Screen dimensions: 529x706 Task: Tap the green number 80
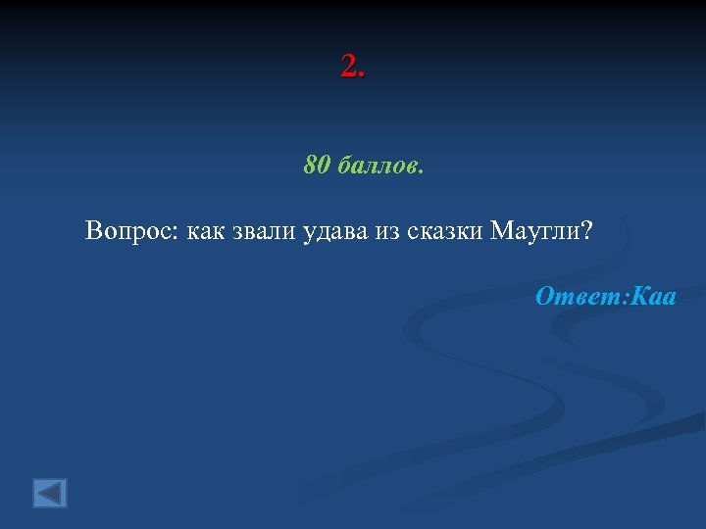point(318,165)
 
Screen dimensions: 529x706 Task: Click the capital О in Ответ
point(545,296)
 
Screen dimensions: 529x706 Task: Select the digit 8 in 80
point(311,165)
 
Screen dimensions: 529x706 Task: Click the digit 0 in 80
point(325,165)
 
